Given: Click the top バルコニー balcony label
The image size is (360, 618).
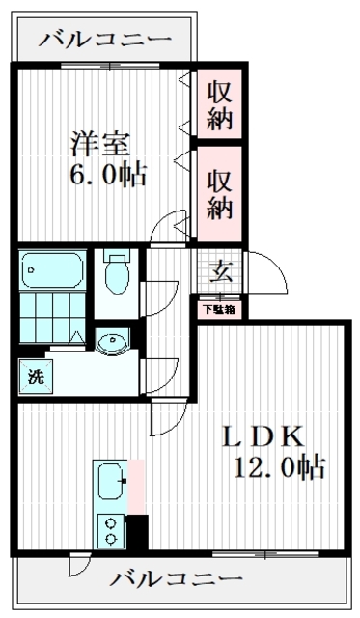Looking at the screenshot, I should point(106,41).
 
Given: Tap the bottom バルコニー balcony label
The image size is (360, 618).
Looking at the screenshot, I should point(175,579).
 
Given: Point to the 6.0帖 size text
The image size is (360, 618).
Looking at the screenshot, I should point(100,176).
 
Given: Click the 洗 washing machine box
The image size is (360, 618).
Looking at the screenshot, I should point(33,375).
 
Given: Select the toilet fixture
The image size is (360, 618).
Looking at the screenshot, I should point(117,272).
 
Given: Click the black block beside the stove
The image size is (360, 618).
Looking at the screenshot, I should point(137,531).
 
